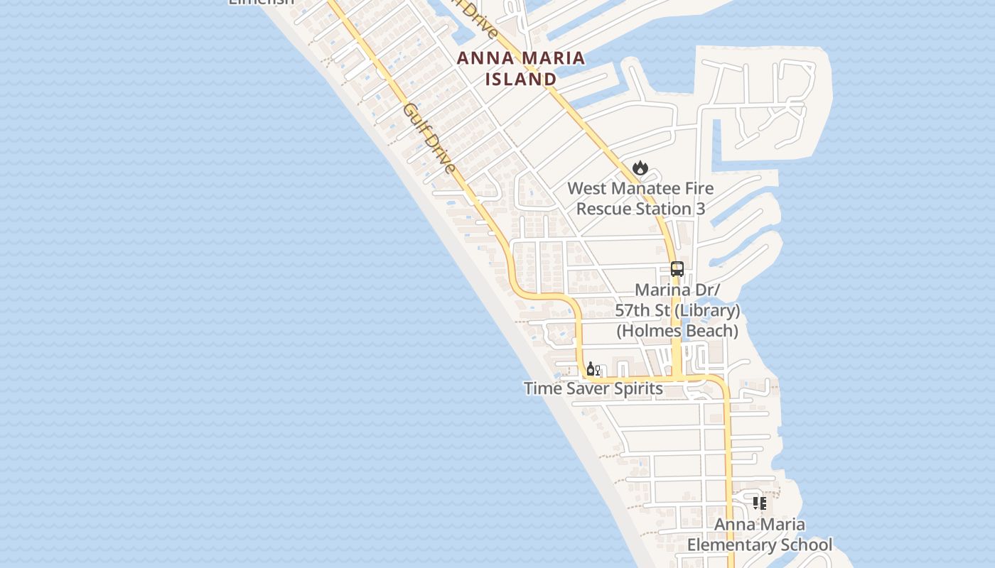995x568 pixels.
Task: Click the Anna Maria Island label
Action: [521, 68]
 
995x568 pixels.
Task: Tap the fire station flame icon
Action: [640, 168]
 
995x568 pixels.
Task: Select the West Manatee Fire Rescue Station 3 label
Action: [640, 199]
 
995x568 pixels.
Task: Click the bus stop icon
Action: [677, 269]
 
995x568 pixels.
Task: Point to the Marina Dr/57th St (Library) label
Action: [677, 300]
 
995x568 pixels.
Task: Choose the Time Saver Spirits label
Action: [593, 388]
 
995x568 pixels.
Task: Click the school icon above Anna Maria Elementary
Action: [760, 503]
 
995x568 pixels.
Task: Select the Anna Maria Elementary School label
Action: [760, 535]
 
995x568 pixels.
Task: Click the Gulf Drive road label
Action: [429, 138]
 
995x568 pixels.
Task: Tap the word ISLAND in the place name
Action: [521, 79]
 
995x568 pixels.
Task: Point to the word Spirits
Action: [636, 388]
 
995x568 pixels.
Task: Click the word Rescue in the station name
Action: [604, 209]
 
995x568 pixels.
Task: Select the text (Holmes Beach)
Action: [677, 331]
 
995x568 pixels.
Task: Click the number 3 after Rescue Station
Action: [701, 209]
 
